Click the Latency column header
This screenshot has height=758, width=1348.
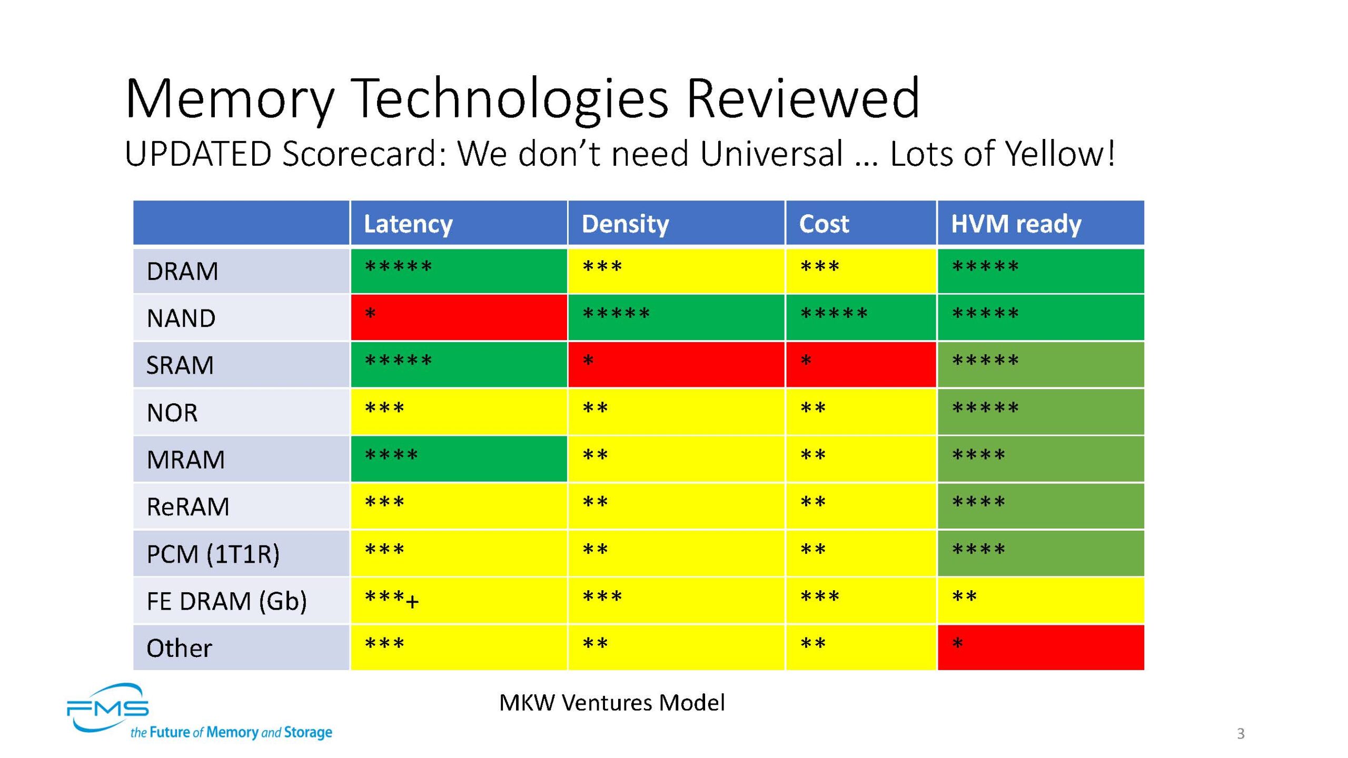point(408,224)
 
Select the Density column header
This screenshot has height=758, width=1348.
point(625,224)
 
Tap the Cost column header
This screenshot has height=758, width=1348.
point(824,224)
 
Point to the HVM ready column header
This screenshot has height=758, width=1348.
point(1016,224)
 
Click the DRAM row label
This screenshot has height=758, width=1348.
point(182,272)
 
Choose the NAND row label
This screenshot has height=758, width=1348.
point(181,318)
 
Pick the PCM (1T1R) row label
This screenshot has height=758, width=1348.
point(213,554)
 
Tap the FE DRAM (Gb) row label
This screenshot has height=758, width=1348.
point(226,601)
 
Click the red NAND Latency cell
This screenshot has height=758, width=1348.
point(459,317)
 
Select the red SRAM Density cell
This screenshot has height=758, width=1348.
point(676,364)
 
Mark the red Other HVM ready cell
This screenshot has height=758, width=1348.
point(1040,647)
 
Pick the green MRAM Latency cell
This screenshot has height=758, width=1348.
point(459,458)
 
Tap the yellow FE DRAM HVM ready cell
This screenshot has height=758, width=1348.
point(1040,601)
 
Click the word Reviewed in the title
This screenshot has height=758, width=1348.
point(802,98)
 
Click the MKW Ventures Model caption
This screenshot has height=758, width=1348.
point(612,703)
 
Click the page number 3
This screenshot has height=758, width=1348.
point(1241,733)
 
